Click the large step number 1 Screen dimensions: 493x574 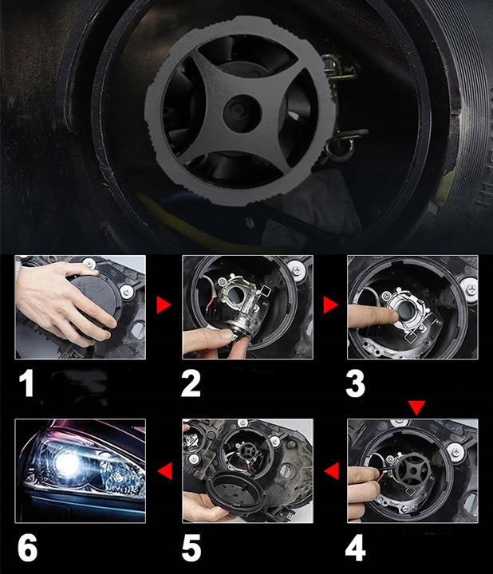27,383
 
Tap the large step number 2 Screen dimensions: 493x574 191,383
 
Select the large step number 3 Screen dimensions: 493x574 355,383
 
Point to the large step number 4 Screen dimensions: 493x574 355,548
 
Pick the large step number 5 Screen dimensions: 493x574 191,548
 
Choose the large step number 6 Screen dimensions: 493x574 27,548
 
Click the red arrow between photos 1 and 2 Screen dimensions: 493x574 164,305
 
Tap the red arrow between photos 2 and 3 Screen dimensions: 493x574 330,305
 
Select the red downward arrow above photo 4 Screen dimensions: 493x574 416,407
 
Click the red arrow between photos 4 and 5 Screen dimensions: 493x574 332,471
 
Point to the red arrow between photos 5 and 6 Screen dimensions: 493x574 165,471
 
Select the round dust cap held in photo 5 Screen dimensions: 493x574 234,494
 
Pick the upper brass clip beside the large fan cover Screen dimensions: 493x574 338,72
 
